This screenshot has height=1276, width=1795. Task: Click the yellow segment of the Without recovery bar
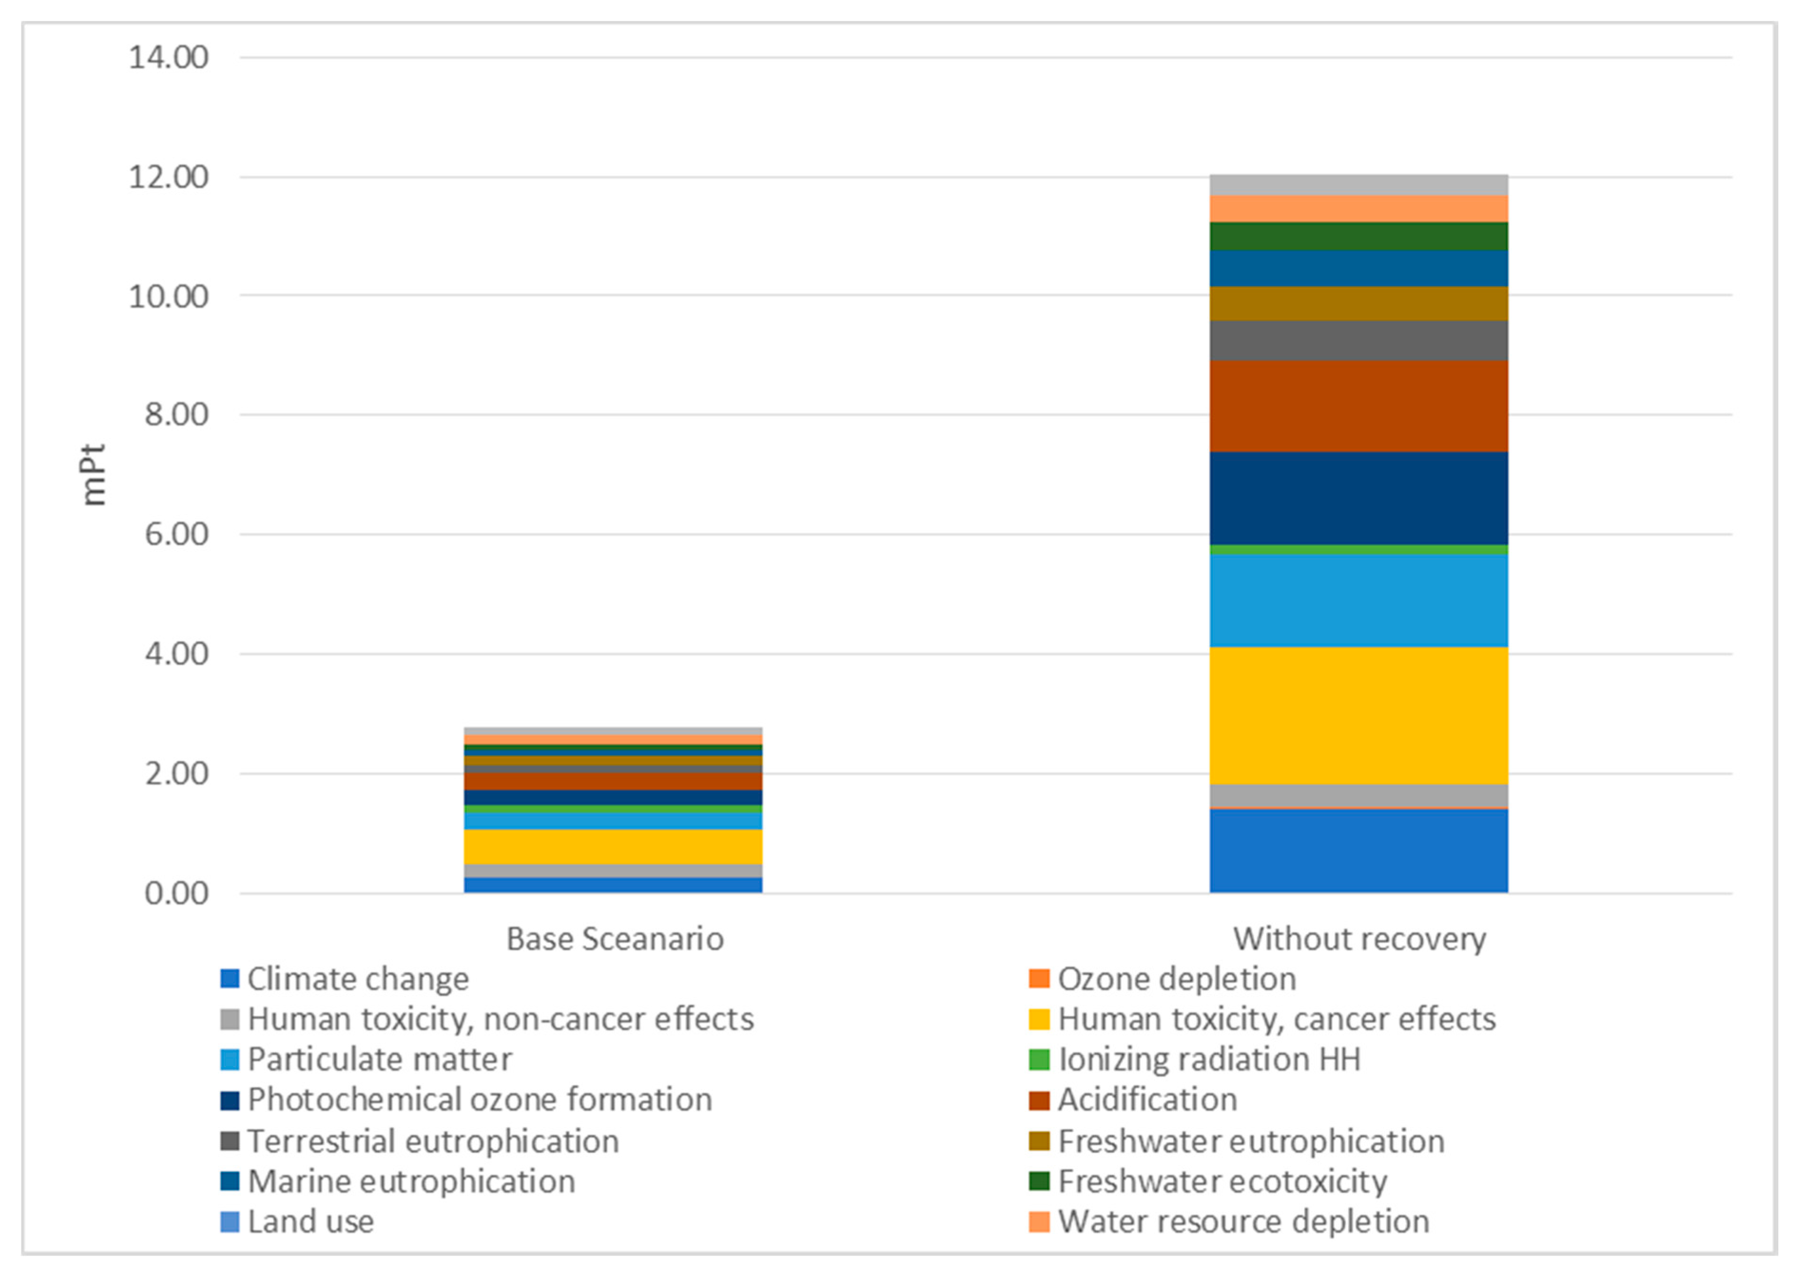click(1358, 715)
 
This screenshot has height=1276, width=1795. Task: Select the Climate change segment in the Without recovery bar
click(1358, 850)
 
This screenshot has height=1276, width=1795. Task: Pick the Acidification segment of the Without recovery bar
click(1358, 406)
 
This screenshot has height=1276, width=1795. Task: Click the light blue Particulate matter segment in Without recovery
click(1358, 600)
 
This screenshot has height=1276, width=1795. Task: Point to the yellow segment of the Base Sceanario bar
click(613, 846)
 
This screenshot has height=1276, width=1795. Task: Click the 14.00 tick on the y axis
click(168, 58)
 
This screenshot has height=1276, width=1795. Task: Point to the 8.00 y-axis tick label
click(176, 415)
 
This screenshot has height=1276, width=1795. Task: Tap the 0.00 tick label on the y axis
click(176, 893)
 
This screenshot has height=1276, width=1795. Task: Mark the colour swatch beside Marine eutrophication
click(230, 1181)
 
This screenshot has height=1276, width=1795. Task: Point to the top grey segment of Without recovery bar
click(1358, 184)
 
